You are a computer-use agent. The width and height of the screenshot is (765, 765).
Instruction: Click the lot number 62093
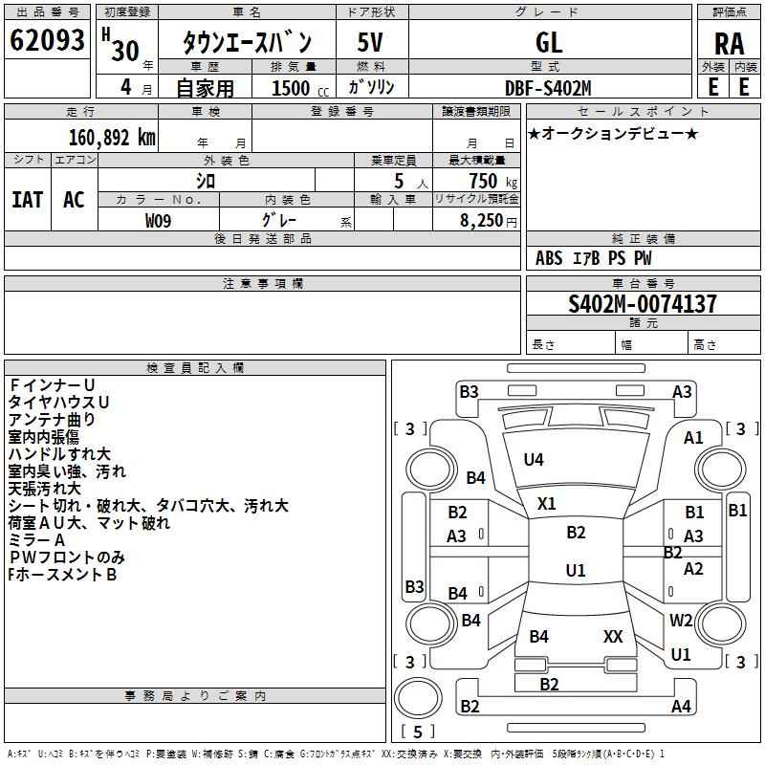[x=47, y=41]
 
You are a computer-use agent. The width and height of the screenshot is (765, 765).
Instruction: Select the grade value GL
[x=549, y=42]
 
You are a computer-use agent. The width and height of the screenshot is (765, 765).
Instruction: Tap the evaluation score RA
[x=729, y=43]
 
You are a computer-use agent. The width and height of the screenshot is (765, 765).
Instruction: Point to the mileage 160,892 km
[x=111, y=137]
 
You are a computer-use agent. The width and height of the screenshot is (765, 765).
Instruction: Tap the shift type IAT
[x=27, y=200]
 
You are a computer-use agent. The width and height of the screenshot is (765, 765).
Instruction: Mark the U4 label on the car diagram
[x=534, y=460]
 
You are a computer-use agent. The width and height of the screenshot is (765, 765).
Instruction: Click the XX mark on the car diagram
[x=613, y=636]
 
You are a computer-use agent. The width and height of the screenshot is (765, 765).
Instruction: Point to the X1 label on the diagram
[x=547, y=503]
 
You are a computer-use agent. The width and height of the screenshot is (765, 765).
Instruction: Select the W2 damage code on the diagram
[x=681, y=621]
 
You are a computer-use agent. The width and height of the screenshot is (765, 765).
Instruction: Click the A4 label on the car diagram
[x=681, y=707]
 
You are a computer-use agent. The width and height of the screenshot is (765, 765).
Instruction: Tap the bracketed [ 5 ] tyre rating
[x=417, y=732]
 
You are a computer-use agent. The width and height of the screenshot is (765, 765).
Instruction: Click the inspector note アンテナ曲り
[x=52, y=419]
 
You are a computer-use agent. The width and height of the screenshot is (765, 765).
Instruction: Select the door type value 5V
[x=371, y=42]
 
